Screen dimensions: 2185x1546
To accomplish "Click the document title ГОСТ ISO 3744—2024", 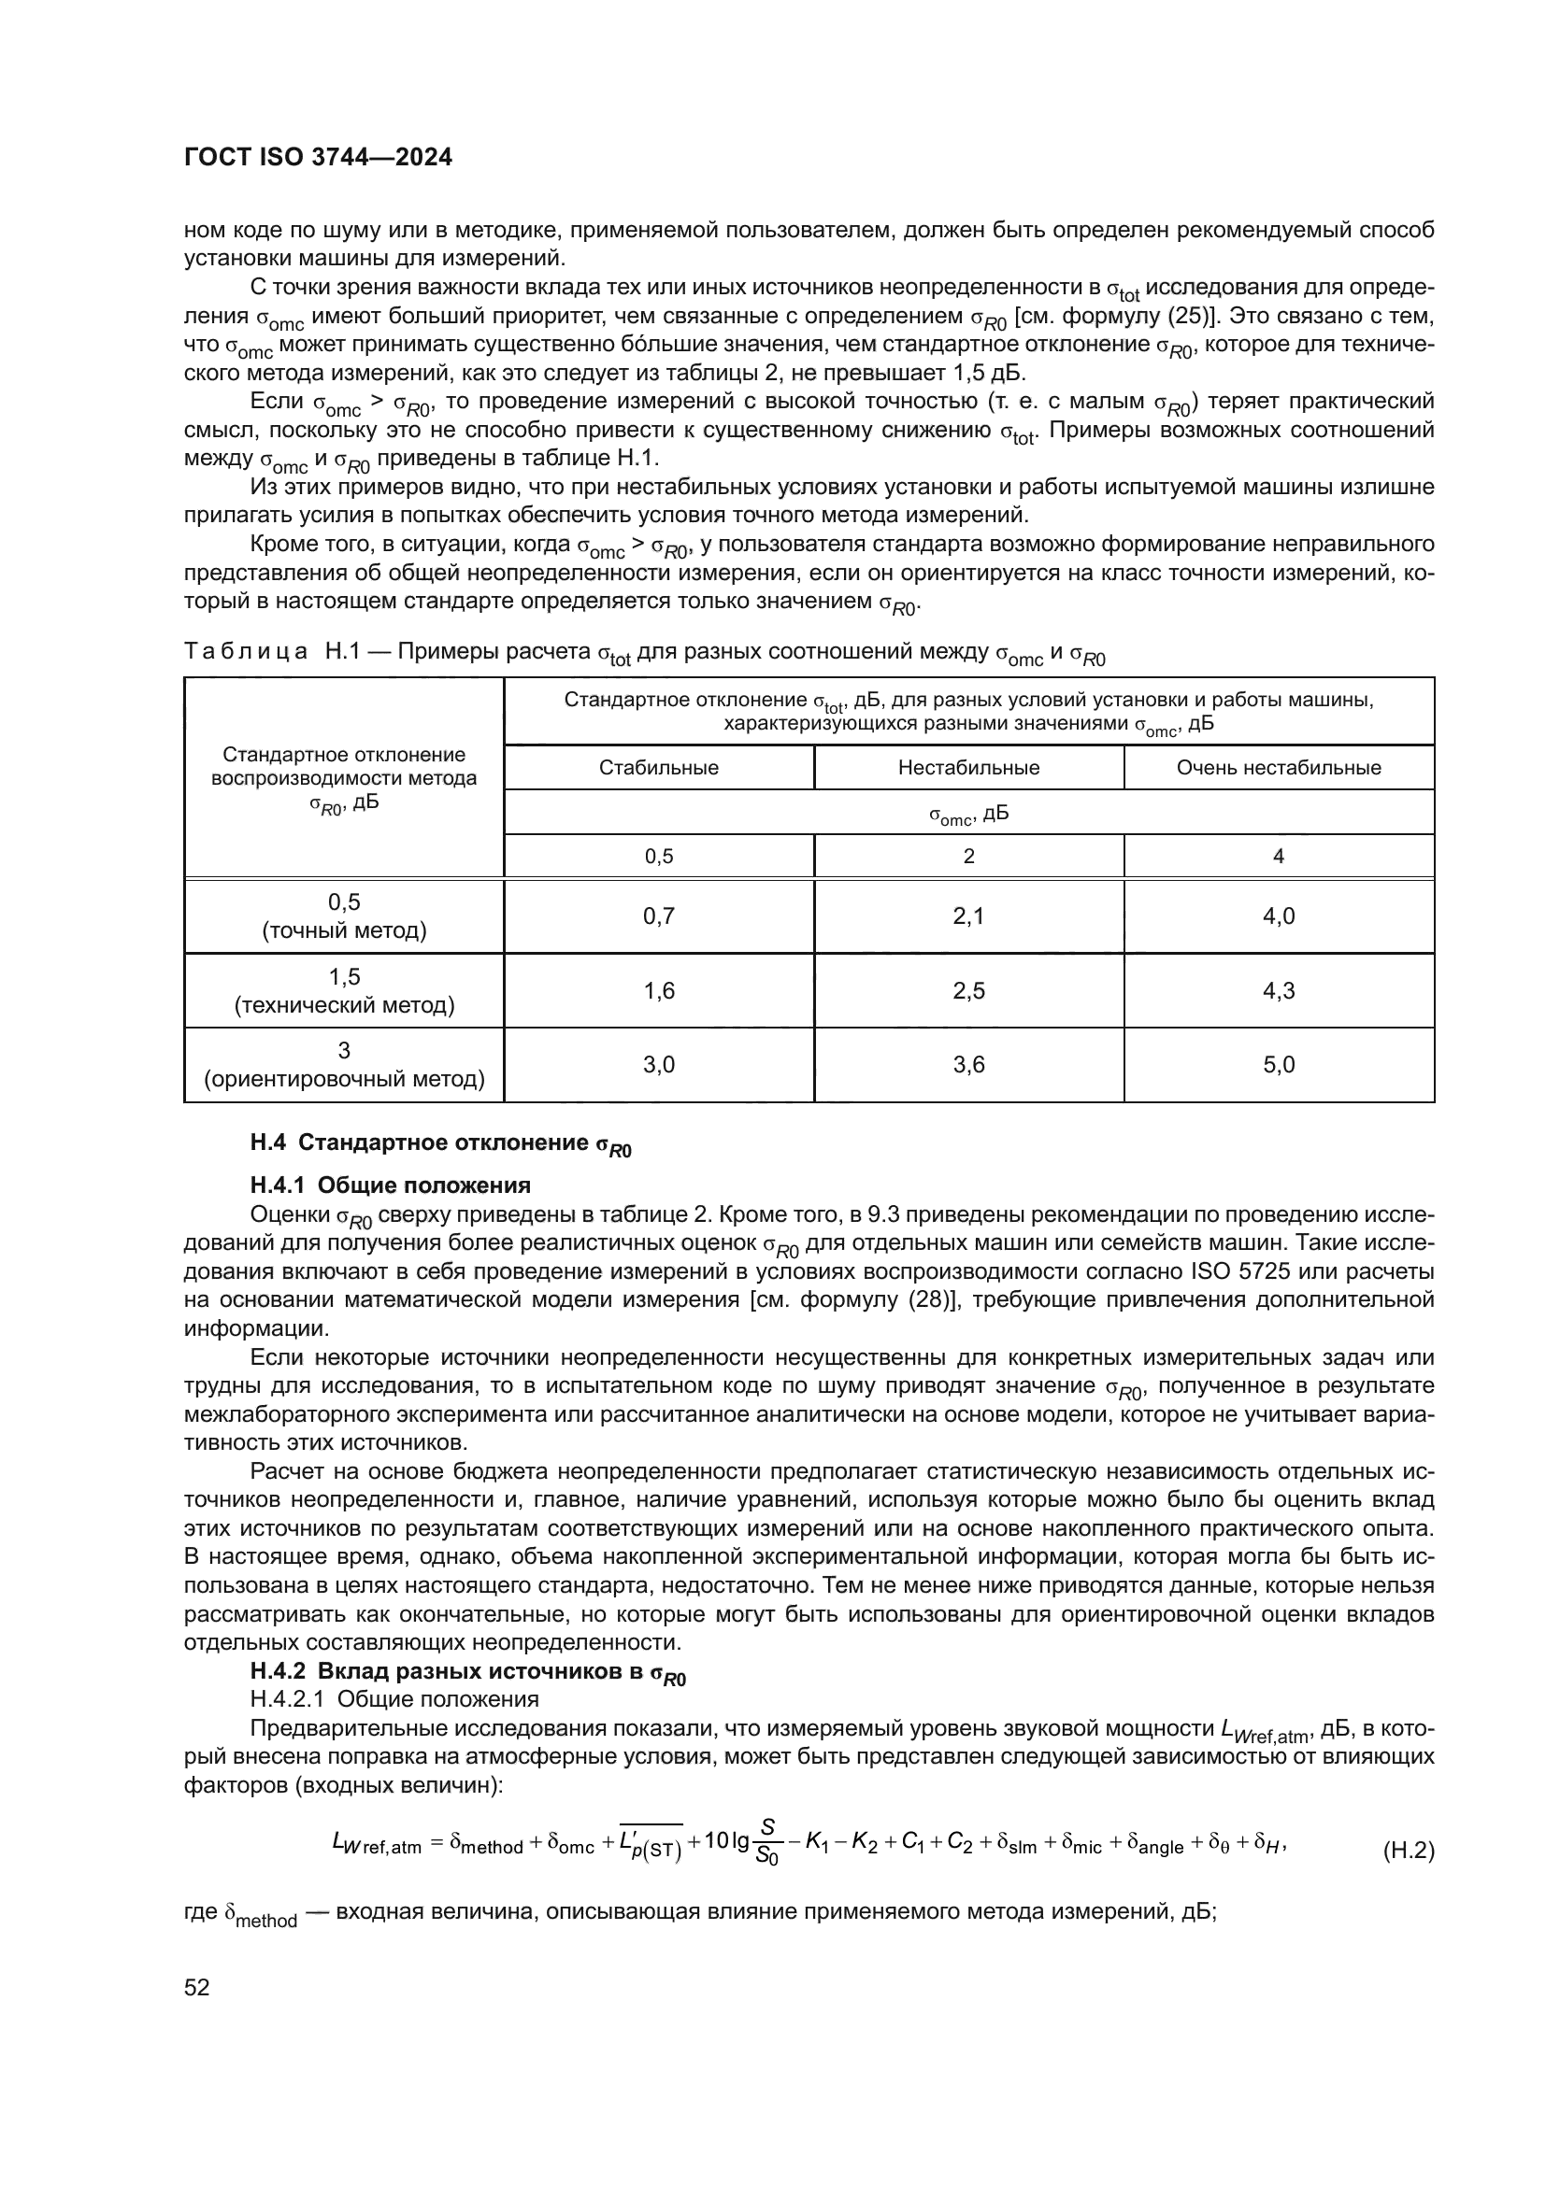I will pyautogui.click(x=318, y=158).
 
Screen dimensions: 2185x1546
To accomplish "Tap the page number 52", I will pyautogui.click(x=197, y=1987).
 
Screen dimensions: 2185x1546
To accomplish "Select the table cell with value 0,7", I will pyautogui.click(x=659, y=916).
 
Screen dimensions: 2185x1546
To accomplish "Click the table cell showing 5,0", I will pyautogui.click(x=1279, y=1065).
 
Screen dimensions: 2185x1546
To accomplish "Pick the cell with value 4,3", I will pyautogui.click(x=1279, y=990).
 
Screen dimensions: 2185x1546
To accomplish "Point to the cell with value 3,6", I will pyautogui.click(x=968, y=1065).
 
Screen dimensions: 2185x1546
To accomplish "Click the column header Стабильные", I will pyautogui.click(x=659, y=768).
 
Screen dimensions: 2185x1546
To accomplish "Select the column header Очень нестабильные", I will pyautogui.click(x=1279, y=768).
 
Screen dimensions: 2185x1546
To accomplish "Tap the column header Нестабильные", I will pyautogui.click(x=968, y=768).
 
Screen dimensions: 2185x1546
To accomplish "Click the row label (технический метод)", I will pyautogui.click(x=344, y=1005).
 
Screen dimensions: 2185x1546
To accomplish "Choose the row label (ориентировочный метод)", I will pyautogui.click(x=344, y=1079).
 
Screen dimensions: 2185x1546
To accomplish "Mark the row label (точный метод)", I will pyautogui.click(x=344, y=930).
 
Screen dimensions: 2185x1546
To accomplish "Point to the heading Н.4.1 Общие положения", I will pyautogui.click(x=391, y=1185).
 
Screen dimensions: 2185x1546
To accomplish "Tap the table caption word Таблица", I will pyautogui.click(x=245, y=652).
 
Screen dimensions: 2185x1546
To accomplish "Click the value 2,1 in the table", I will pyautogui.click(x=968, y=916).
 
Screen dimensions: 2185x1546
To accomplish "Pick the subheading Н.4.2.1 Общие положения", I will pyautogui.click(x=394, y=1698).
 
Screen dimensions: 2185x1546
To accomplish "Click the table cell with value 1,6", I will pyautogui.click(x=659, y=990).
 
